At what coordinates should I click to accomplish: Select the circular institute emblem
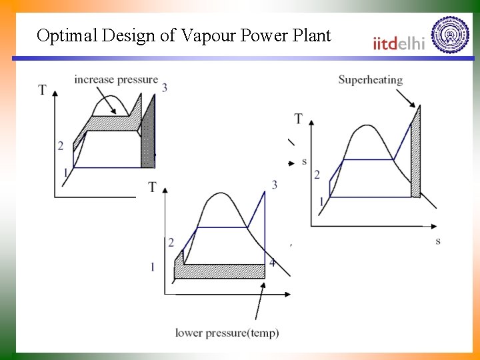tap(450, 35)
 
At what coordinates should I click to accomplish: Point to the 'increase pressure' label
tap(116, 79)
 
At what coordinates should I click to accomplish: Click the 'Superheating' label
tap(370, 80)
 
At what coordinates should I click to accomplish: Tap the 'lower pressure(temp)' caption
tap(227, 332)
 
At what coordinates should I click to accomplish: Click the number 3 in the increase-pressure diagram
tap(164, 87)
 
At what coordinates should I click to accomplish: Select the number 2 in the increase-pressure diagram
tap(60, 146)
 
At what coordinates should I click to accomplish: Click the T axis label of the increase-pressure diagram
tap(43, 90)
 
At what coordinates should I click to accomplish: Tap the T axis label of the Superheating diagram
tap(298, 119)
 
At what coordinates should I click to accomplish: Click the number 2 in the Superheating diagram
tap(317, 175)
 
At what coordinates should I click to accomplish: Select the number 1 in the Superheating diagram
tap(321, 201)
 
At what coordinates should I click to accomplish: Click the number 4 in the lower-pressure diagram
tap(272, 263)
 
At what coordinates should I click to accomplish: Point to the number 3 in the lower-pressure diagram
tap(274, 184)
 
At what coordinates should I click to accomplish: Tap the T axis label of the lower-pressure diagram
tap(153, 187)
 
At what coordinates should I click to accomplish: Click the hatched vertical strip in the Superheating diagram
tap(415, 153)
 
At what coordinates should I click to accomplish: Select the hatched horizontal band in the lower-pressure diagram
tap(220, 271)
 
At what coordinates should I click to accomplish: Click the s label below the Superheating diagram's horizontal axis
tap(437, 241)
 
